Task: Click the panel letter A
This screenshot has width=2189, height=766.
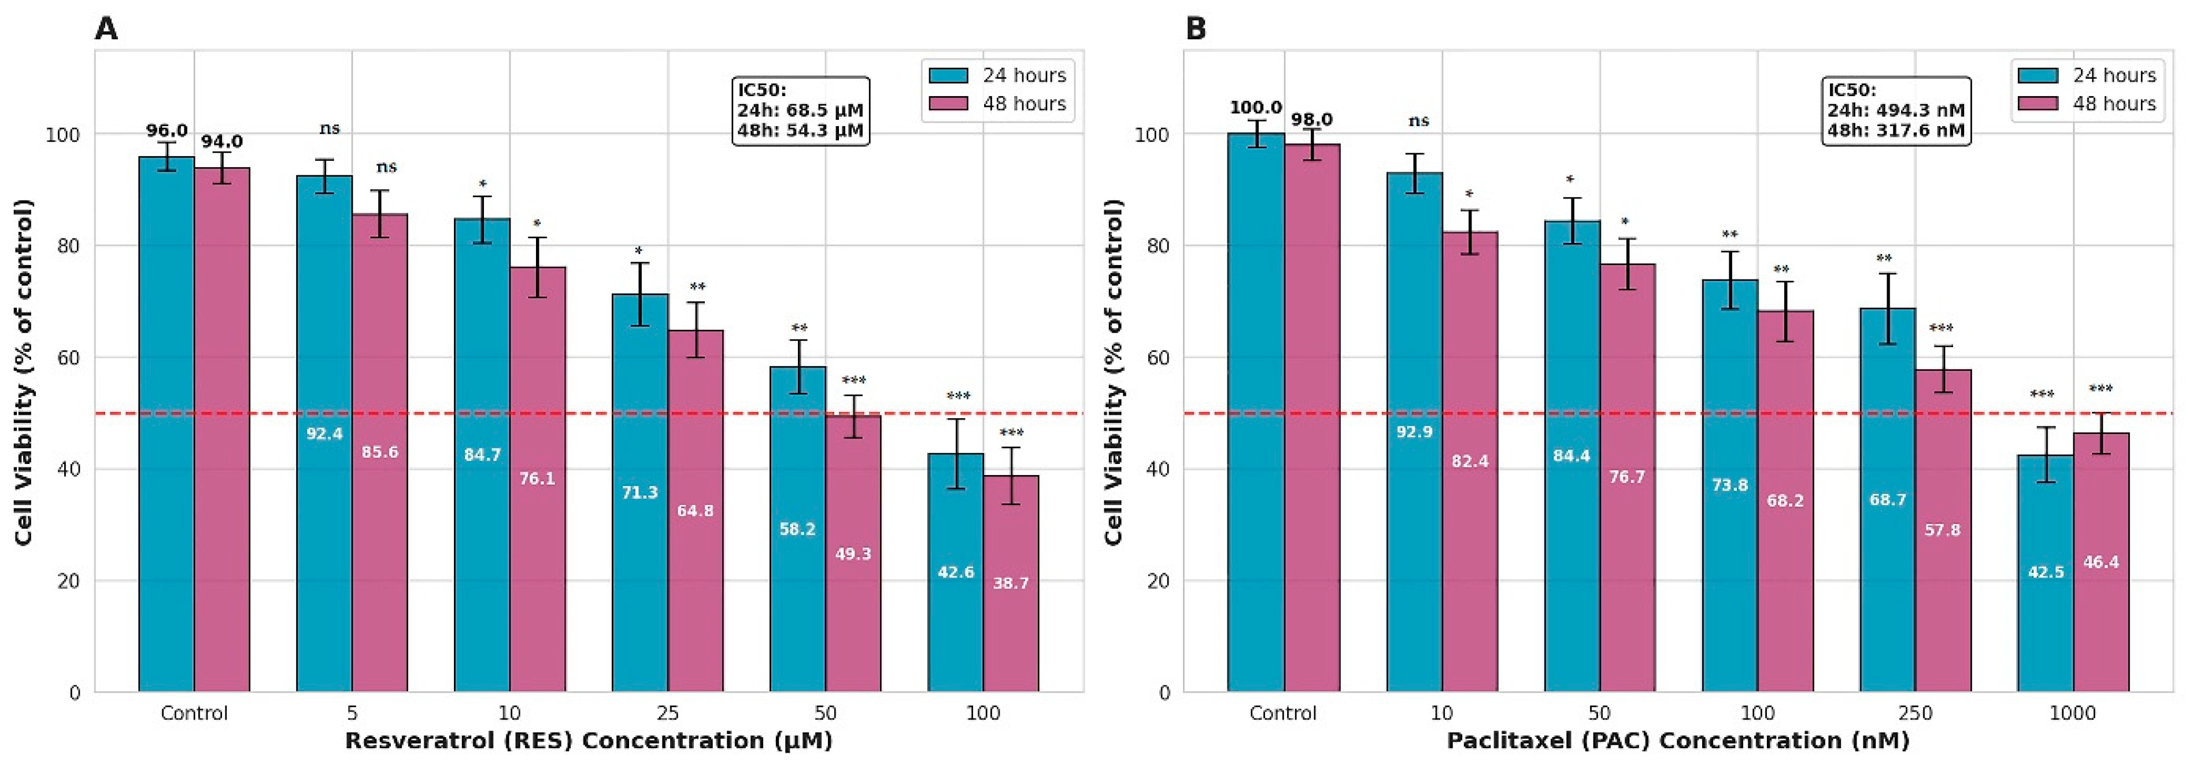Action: coord(106,29)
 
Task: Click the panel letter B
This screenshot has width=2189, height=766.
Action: coord(1196,29)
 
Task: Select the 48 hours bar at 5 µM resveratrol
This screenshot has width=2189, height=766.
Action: coord(380,453)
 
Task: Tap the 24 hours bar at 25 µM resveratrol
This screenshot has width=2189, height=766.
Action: coord(640,493)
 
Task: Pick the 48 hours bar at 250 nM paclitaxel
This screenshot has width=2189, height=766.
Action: coord(1943,531)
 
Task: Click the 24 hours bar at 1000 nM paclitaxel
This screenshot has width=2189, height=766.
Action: coord(2046,574)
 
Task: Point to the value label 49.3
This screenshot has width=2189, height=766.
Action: coord(853,554)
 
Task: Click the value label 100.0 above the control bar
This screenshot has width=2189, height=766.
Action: coord(1256,108)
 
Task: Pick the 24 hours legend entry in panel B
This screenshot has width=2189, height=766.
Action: coord(2087,76)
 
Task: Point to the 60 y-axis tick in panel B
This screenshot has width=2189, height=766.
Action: coord(1159,358)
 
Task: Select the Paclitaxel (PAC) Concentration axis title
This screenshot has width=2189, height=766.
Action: coord(1678,741)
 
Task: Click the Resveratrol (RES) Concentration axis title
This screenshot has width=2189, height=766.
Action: coord(589,741)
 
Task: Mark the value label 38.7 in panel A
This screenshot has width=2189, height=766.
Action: coord(1011,583)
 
